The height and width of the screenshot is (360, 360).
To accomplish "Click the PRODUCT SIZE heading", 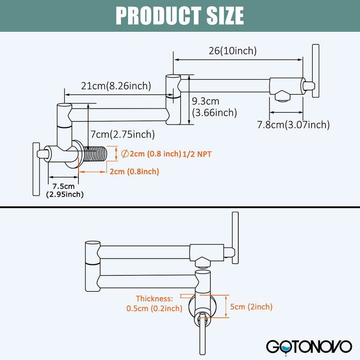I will (x=179, y=15).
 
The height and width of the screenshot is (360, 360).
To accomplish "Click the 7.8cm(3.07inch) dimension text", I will (x=293, y=124).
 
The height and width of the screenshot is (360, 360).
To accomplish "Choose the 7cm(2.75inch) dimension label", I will (x=122, y=135).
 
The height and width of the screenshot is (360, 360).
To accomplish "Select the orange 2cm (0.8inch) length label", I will (x=134, y=172).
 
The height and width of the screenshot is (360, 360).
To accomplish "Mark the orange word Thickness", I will (x=155, y=298).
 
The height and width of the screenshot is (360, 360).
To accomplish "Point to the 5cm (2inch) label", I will (x=251, y=307).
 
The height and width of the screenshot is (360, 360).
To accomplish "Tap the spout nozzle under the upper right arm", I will (x=282, y=96).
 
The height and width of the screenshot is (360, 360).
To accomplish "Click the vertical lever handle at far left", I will (x=36, y=169).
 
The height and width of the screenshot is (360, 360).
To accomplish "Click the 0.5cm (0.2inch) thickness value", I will (x=154, y=309).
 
